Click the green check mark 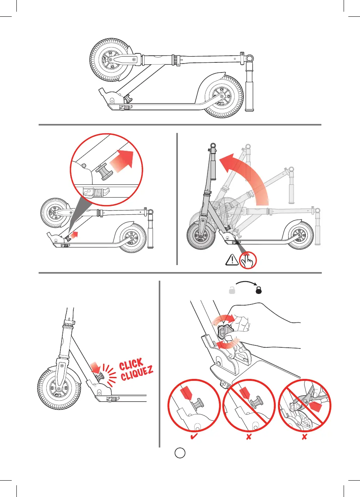(192, 438)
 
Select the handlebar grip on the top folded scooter (250, 91)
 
